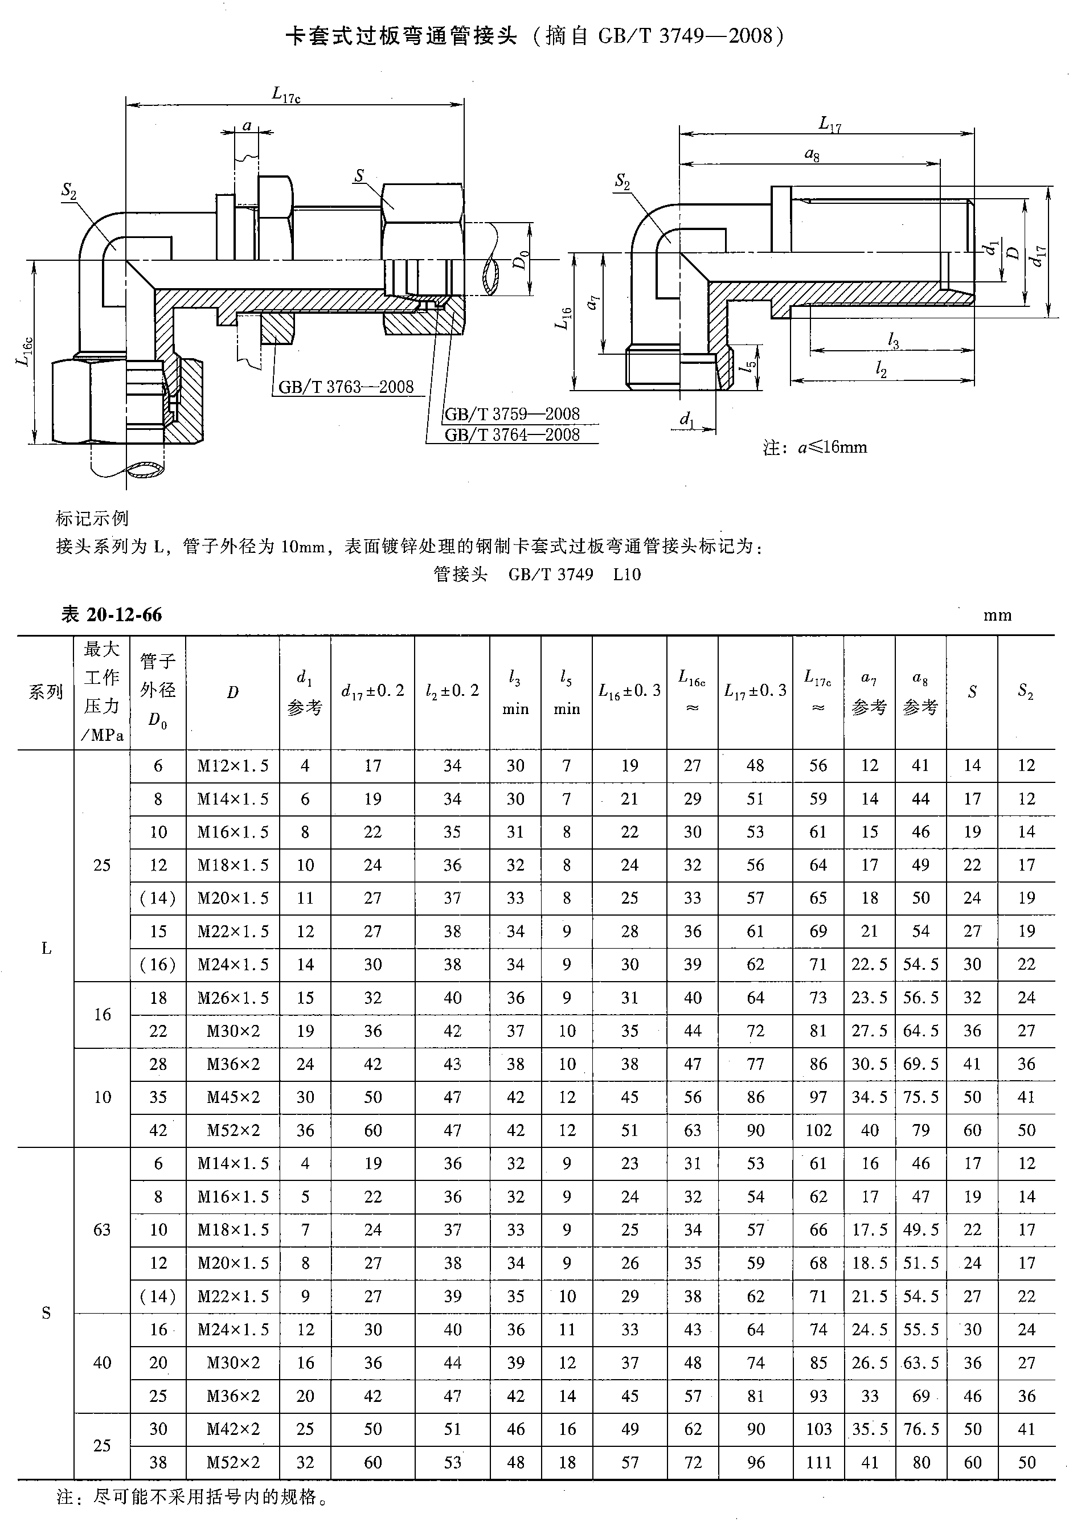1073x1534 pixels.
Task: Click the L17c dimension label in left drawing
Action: (x=286, y=95)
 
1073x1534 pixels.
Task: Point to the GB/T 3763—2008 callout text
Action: (x=346, y=387)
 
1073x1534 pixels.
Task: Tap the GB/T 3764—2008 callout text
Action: (x=512, y=435)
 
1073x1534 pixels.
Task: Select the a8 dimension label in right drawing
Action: (x=812, y=155)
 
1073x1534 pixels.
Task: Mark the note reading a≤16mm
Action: (x=815, y=448)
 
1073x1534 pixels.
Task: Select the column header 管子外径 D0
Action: (x=158, y=692)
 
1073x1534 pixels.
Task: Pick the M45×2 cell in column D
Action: (x=232, y=1097)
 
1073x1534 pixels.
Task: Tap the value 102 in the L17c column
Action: (x=818, y=1130)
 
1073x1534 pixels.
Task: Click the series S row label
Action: (x=46, y=1313)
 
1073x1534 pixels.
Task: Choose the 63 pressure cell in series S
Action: (x=101, y=1230)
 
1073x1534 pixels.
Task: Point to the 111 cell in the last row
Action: (x=818, y=1462)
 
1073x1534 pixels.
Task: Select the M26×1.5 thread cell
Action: (x=232, y=998)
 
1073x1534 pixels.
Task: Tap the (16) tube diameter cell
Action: (x=158, y=965)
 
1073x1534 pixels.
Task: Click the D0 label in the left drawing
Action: (x=520, y=259)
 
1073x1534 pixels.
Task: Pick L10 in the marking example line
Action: (x=626, y=575)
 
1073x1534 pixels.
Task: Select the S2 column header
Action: (x=1026, y=692)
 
